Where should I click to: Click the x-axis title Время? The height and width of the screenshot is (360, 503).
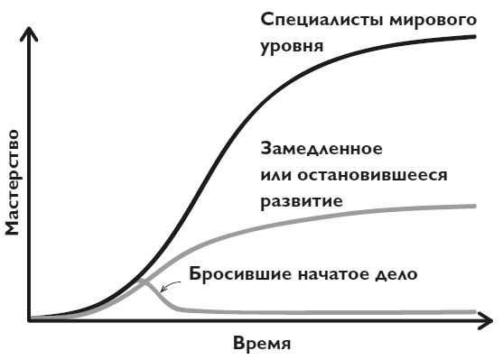pos(263,345)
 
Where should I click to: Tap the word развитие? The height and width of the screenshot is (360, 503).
pos(300,199)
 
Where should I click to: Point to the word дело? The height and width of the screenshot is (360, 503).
pos(399,273)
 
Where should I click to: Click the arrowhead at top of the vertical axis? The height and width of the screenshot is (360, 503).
pos(30,33)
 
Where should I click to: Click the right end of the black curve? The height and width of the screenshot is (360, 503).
pos(475,36)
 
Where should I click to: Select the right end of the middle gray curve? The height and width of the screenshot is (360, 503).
pos(475,207)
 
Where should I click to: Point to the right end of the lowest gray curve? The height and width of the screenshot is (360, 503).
pos(475,312)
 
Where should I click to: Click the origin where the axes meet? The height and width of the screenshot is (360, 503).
pos(30,319)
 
